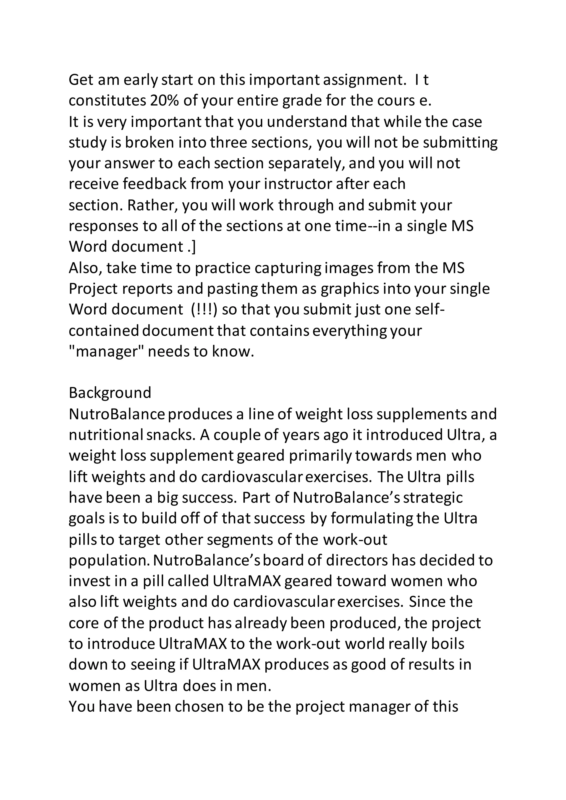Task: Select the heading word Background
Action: click(110, 393)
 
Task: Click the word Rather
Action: click(153, 205)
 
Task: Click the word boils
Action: click(447, 644)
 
